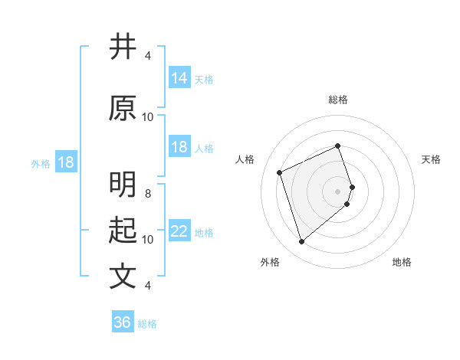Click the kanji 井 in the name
pos(123,47)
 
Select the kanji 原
pos(123,108)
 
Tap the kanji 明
pos(123,186)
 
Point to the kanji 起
pos(123,231)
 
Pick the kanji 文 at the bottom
pos(123,276)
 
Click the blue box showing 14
pos(179,78)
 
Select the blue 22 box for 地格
pos(179,231)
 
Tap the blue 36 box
pos(123,322)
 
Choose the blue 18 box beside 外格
pos(65,162)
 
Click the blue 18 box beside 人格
pos(179,147)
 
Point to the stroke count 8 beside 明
pos(148,194)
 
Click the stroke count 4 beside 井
pos(148,56)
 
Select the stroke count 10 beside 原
pos(148,117)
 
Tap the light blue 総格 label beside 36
pos(147,324)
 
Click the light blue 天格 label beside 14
pos(203,80)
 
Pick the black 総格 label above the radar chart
pos(338,100)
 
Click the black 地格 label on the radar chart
pos(402,263)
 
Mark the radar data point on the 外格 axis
pos(301,242)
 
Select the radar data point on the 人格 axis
pos(280,172)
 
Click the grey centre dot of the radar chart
pos(338,191)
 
